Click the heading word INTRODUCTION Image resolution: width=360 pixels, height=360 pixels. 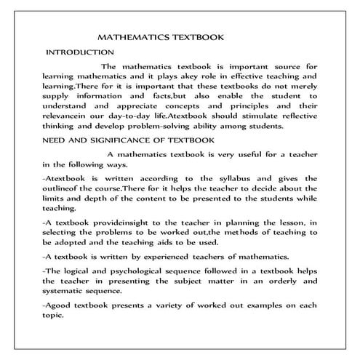point(80,52)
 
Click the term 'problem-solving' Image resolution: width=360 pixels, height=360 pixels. point(143,126)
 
